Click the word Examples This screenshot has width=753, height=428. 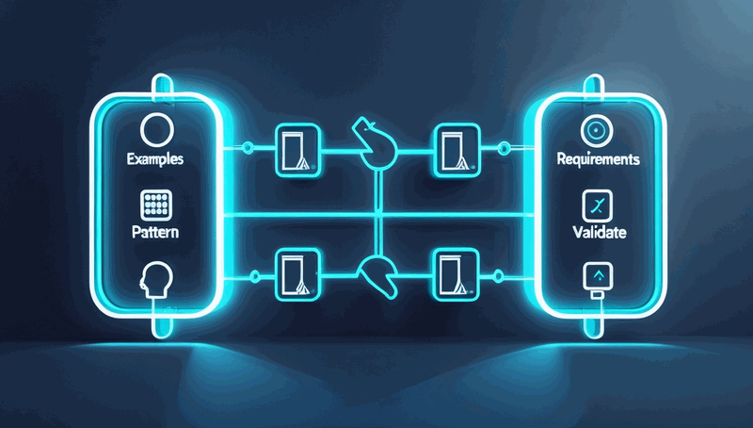click(x=155, y=159)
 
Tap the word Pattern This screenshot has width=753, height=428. click(x=155, y=232)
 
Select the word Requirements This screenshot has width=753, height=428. click(x=598, y=159)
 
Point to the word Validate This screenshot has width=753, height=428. click(x=600, y=232)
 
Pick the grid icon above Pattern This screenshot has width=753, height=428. click(x=156, y=205)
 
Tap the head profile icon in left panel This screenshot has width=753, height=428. click(x=155, y=281)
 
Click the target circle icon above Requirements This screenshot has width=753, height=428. click(x=597, y=130)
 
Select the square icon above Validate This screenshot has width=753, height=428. click(x=598, y=206)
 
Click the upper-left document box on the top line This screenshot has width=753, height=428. click(x=297, y=150)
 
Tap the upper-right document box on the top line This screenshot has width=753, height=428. click(x=457, y=150)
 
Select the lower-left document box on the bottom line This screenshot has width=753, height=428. click(x=297, y=274)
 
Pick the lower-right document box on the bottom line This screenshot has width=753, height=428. click(x=457, y=274)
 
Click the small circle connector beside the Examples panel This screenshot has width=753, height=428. click(x=248, y=147)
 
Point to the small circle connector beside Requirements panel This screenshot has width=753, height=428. click(x=504, y=148)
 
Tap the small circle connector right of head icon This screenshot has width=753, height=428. click(x=255, y=276)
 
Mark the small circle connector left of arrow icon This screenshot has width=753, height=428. click(x=499, y=276)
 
